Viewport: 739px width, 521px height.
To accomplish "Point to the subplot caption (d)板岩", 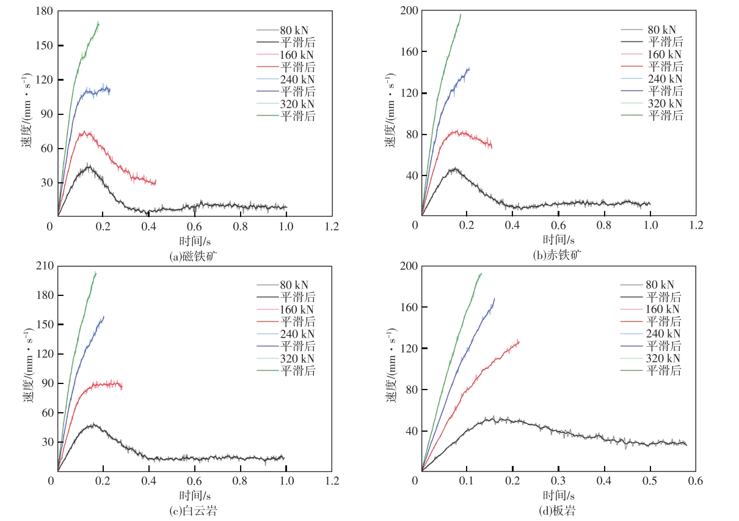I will (x=558, y=511).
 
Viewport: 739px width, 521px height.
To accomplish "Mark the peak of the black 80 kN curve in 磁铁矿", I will (x=89, y=166).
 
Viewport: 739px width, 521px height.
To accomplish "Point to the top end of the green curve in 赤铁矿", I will (x=461, y=14).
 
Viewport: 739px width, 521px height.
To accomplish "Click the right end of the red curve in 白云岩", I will (x=122, y=386).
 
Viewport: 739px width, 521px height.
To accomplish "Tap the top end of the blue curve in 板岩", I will (x=494, y=299).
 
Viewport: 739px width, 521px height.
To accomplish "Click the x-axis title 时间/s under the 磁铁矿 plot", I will (x=194, y=240).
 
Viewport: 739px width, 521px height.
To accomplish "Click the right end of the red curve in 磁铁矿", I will (x=156, y=182).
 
